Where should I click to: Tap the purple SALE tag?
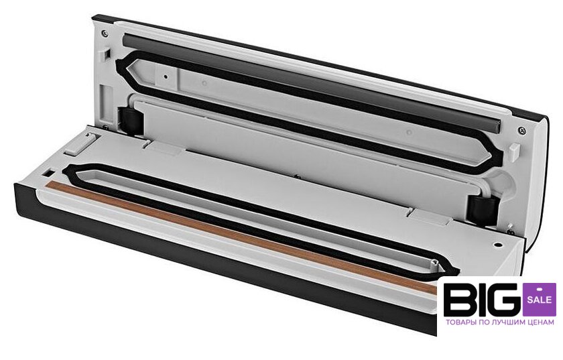[539, 299]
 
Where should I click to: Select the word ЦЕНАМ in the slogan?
[541, 322]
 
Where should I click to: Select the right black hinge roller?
[483, 210]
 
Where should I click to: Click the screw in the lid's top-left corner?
[105, 34]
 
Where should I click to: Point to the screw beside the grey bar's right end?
[522, 130]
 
